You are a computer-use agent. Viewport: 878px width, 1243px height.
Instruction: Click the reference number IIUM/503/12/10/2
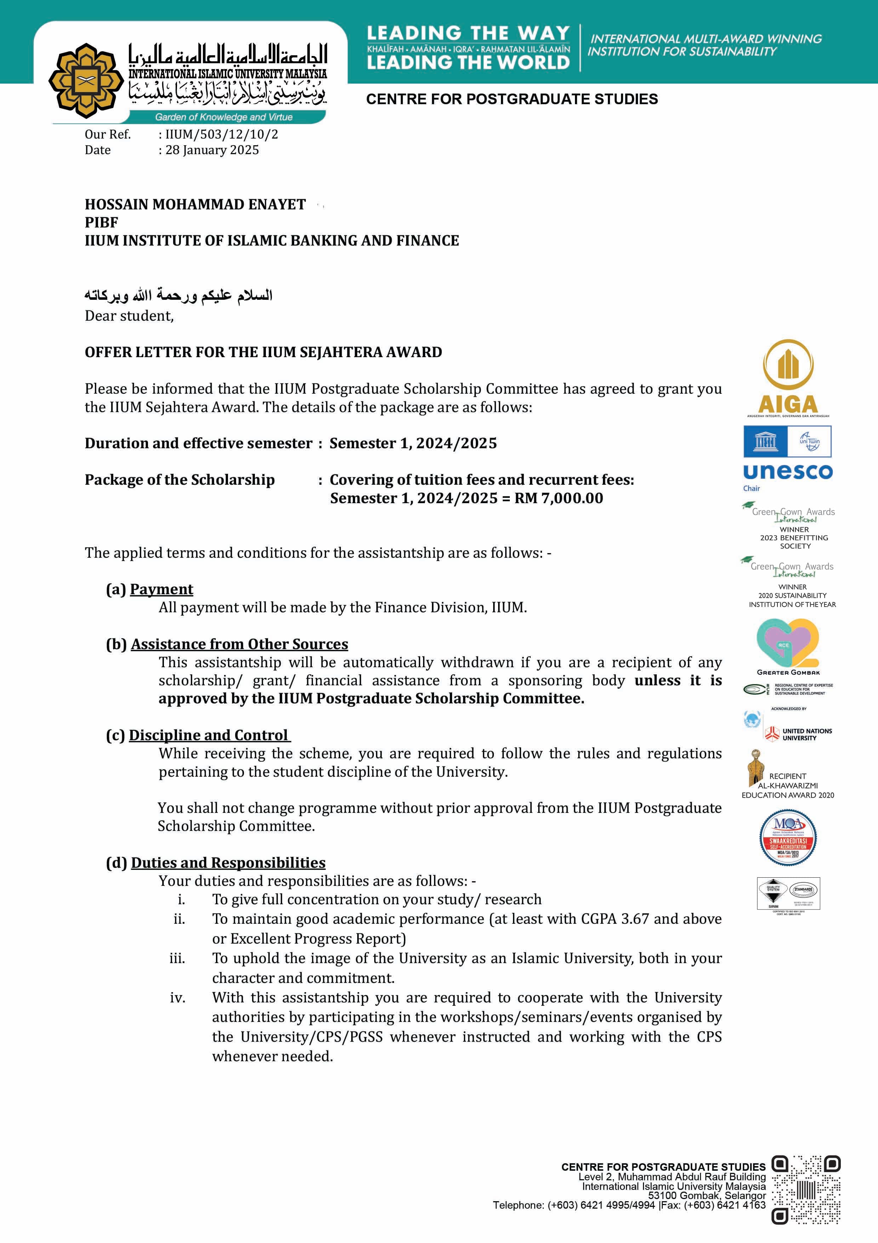(x=222, y=134)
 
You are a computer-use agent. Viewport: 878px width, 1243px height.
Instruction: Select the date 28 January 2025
(x=212, y=150)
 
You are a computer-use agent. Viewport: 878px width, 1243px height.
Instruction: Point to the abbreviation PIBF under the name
(x=101, y=223)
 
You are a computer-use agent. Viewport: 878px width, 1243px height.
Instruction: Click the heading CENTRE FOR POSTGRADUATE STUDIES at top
(x=512, y=99)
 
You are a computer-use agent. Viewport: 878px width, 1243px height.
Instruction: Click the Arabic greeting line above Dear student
(x=178, y=296)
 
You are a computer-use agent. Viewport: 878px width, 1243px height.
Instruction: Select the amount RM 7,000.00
(x=558, y=498)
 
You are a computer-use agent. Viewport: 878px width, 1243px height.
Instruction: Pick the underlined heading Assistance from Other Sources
(x=239, y=644)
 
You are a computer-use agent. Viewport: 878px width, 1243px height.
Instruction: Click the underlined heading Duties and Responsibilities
(x=228, y=862)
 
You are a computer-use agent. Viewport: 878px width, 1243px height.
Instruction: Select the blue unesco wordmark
(x=788, y=472)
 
